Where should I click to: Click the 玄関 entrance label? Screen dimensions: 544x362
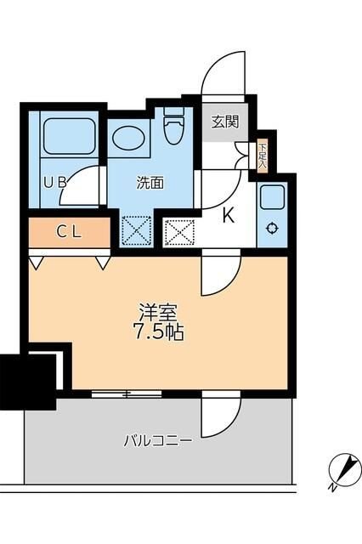(225, 122)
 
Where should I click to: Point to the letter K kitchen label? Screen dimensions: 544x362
(228, 216)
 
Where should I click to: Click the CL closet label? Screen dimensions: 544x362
(70, 230)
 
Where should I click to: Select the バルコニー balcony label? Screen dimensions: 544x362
(157, 440)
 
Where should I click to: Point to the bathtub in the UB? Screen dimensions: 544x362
(70, 136)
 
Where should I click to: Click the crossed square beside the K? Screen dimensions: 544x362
(178, 230)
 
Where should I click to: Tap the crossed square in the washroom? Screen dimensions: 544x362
(135, 230)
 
